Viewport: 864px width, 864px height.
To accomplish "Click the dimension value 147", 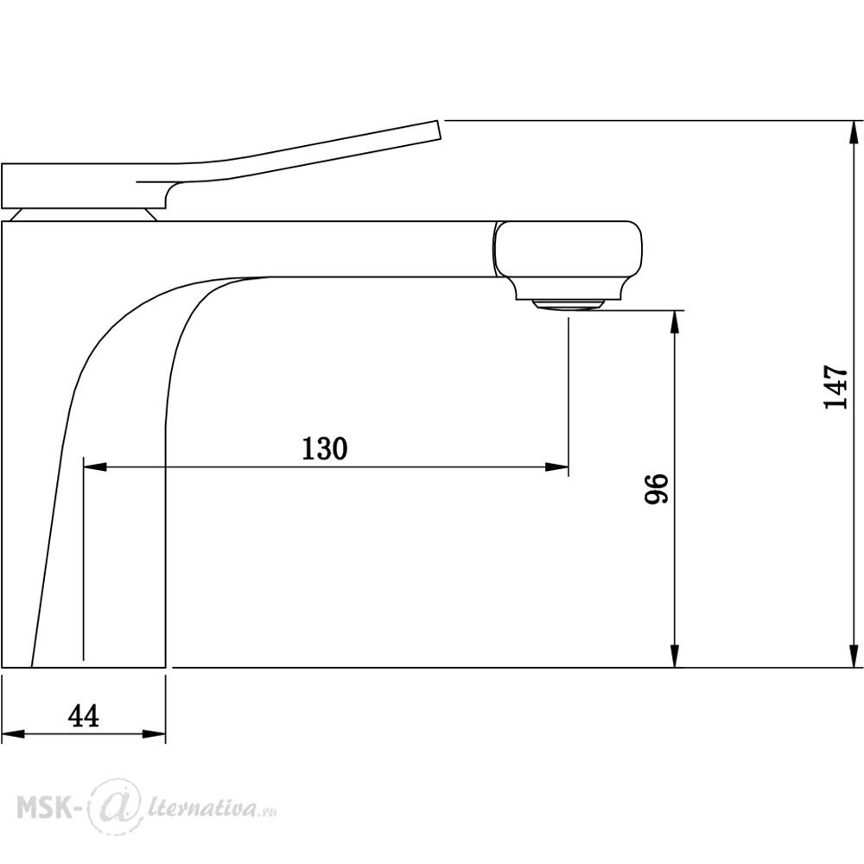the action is (x=835, y=386).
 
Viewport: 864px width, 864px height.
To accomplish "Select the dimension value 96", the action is (x=657, y=487).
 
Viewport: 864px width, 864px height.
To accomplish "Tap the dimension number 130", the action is (x=325, y=448).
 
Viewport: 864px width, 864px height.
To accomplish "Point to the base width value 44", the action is (x=84, y=716).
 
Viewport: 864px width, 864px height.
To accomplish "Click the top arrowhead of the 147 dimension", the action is (x=854, y=133).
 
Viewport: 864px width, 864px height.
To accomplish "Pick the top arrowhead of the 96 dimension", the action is (x=675, y=323).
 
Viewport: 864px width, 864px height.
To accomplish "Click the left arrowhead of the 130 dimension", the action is (x=95, y=467).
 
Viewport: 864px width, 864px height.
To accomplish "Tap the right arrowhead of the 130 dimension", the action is (x=556, y=467).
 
